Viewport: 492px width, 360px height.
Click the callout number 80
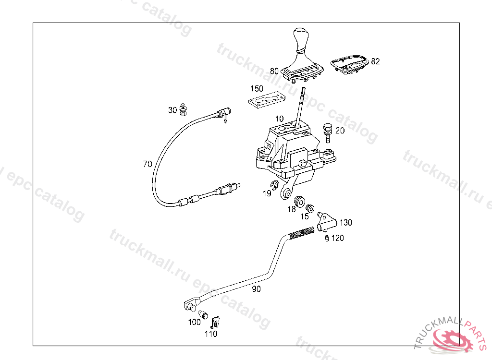pos(274,71)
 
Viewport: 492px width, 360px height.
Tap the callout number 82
pos(375,61)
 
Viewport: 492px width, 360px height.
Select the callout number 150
pos(257,89)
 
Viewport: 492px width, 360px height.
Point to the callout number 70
pos(147,164)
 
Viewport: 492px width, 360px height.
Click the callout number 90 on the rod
pos(256,289)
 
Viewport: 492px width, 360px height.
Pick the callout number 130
pos(345,223)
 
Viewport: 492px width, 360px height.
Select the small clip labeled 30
pos(184,110)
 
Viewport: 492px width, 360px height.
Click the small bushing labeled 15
pos(310,208)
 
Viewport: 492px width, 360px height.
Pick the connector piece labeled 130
pos(327,220)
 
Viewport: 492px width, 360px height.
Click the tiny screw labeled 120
pos(325,238)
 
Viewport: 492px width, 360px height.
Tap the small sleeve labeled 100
pos(204,315)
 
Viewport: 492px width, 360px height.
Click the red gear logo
pos(452,339)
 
